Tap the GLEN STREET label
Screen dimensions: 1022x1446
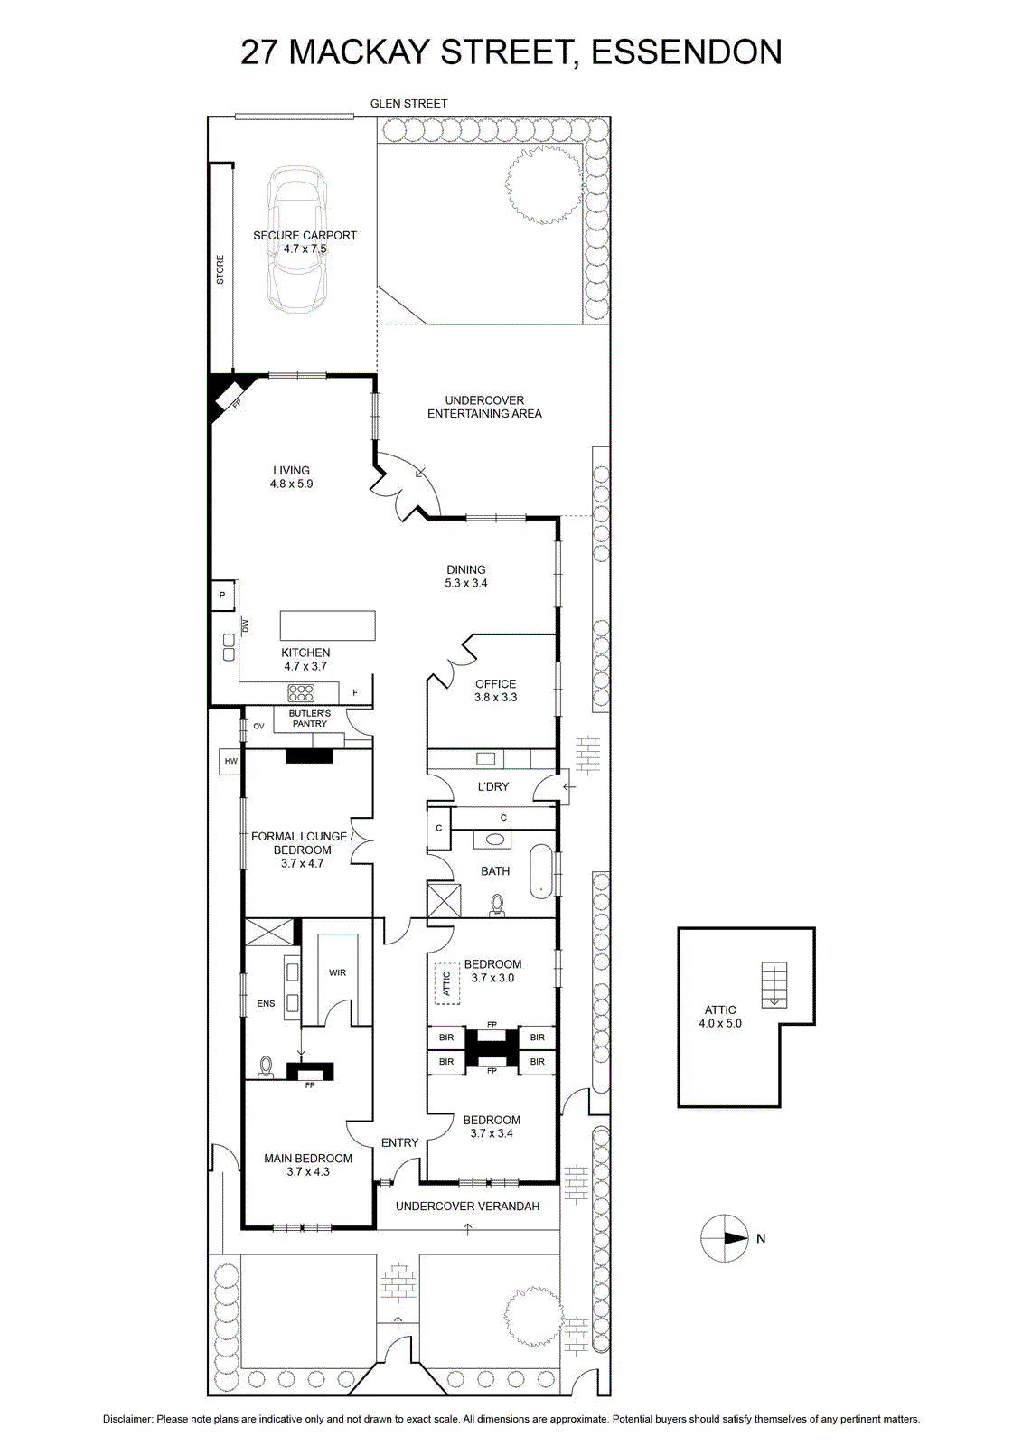point(408,103)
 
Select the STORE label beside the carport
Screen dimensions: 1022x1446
point(220,270)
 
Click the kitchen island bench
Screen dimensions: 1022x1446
point(327,624)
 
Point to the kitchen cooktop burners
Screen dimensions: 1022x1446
point(301,693)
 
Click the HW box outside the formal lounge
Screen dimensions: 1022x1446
point(231,762)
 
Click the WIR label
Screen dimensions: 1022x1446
point(338,972)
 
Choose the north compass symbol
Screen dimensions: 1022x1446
point(726,1238)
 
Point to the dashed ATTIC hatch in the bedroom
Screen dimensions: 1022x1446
point(445,984)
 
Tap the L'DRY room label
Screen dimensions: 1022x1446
point(493,786)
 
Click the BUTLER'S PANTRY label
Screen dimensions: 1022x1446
point(310,718)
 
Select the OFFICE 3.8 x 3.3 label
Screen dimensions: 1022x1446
point(496,690)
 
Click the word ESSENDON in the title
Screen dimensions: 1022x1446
point(687,52)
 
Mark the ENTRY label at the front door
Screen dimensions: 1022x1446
point(399,1142)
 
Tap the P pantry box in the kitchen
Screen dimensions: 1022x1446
point(222,596)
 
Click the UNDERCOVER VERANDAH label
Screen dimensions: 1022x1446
point(467,1206)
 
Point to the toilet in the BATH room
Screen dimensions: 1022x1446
point(497,906)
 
